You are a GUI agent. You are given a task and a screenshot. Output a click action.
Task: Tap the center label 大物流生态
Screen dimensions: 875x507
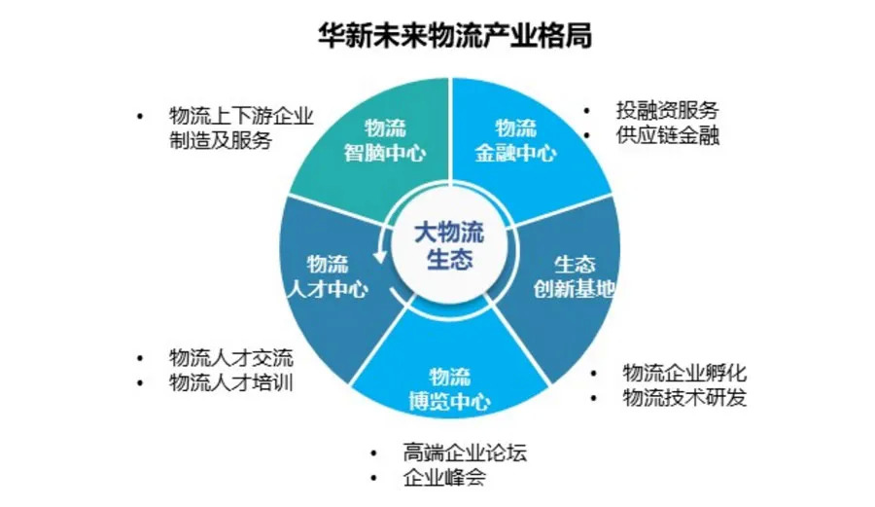pyautogui.click(x=448, y=245)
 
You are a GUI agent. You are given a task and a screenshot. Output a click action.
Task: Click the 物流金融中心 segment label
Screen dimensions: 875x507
pyautogui.click(x=515, y=140)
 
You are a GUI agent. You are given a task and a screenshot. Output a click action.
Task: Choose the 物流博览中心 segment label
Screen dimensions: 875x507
pyautogui.click(x=448, y=389)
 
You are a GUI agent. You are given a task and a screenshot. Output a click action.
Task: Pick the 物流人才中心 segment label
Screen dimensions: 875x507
pyautogui.click(x=327, y=275)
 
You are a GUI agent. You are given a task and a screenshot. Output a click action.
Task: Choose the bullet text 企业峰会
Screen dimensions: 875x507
pyautogui.click(x=442, y=478)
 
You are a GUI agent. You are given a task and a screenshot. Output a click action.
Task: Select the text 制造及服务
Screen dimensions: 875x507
pyautogui.click(x=220, y=140)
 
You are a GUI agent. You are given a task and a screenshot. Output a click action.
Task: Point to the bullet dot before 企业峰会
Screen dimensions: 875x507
pyautogui.click(x=373, y=479)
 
